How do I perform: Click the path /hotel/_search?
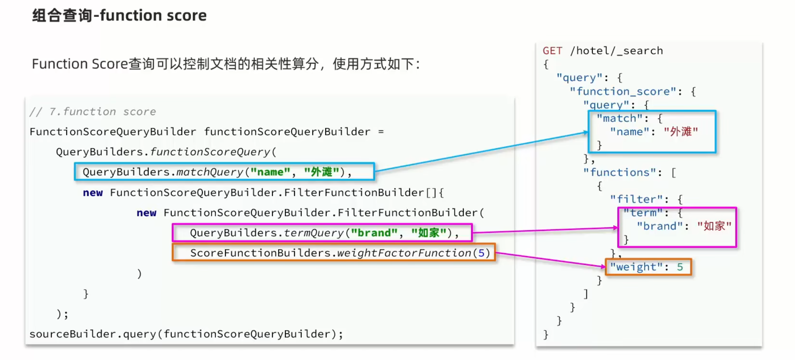tap(616, 51)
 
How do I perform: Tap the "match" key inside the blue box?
tap(619, 118)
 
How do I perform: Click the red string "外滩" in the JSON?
tap(681, 132)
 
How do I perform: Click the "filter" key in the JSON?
tap(636, 199)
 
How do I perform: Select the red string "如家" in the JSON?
tap(714, 226)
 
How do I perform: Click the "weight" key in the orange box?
tap(636, 267)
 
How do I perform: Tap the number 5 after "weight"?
tap(680, 267)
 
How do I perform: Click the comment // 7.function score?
tap(93, 111)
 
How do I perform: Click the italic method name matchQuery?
tap(210, 172)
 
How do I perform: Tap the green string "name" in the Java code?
tap(270, 172)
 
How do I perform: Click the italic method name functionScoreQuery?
tap(210, 152)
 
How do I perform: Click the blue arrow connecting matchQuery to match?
tap(482, 151)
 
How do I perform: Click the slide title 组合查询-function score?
tap(119, 15)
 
